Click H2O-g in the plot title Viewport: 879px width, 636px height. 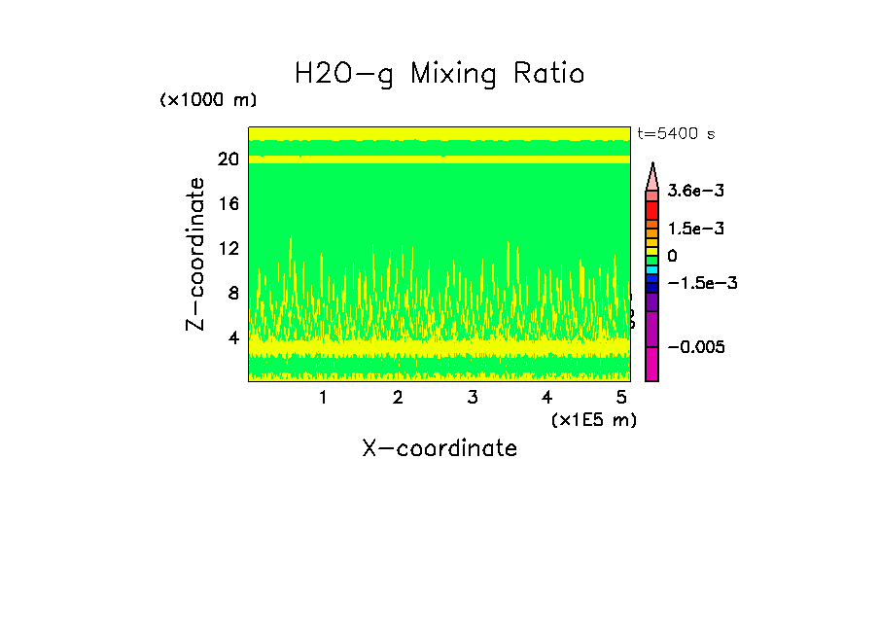coord(345,74)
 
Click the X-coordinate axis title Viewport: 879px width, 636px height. coord(439,448)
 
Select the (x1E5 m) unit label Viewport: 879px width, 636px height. coord(593,419)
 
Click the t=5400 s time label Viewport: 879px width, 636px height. coord(675,134)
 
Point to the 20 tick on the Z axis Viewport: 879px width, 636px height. coord(229,159)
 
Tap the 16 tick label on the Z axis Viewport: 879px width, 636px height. coord(229,204)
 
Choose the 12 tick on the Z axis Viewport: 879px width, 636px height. coord(229,249)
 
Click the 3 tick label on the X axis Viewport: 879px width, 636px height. coord(473,398)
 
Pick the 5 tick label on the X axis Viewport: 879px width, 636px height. coord(621,398)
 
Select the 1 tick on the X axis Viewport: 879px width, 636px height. coord(323,398)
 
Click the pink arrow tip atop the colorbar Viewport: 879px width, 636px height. coord(652,176)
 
